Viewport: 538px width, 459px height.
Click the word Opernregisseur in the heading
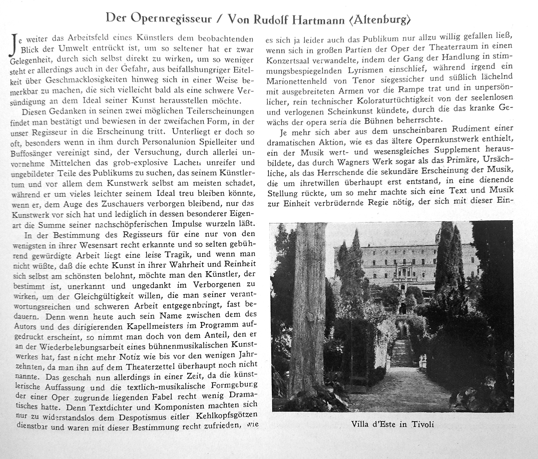click(x=171, y=19)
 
